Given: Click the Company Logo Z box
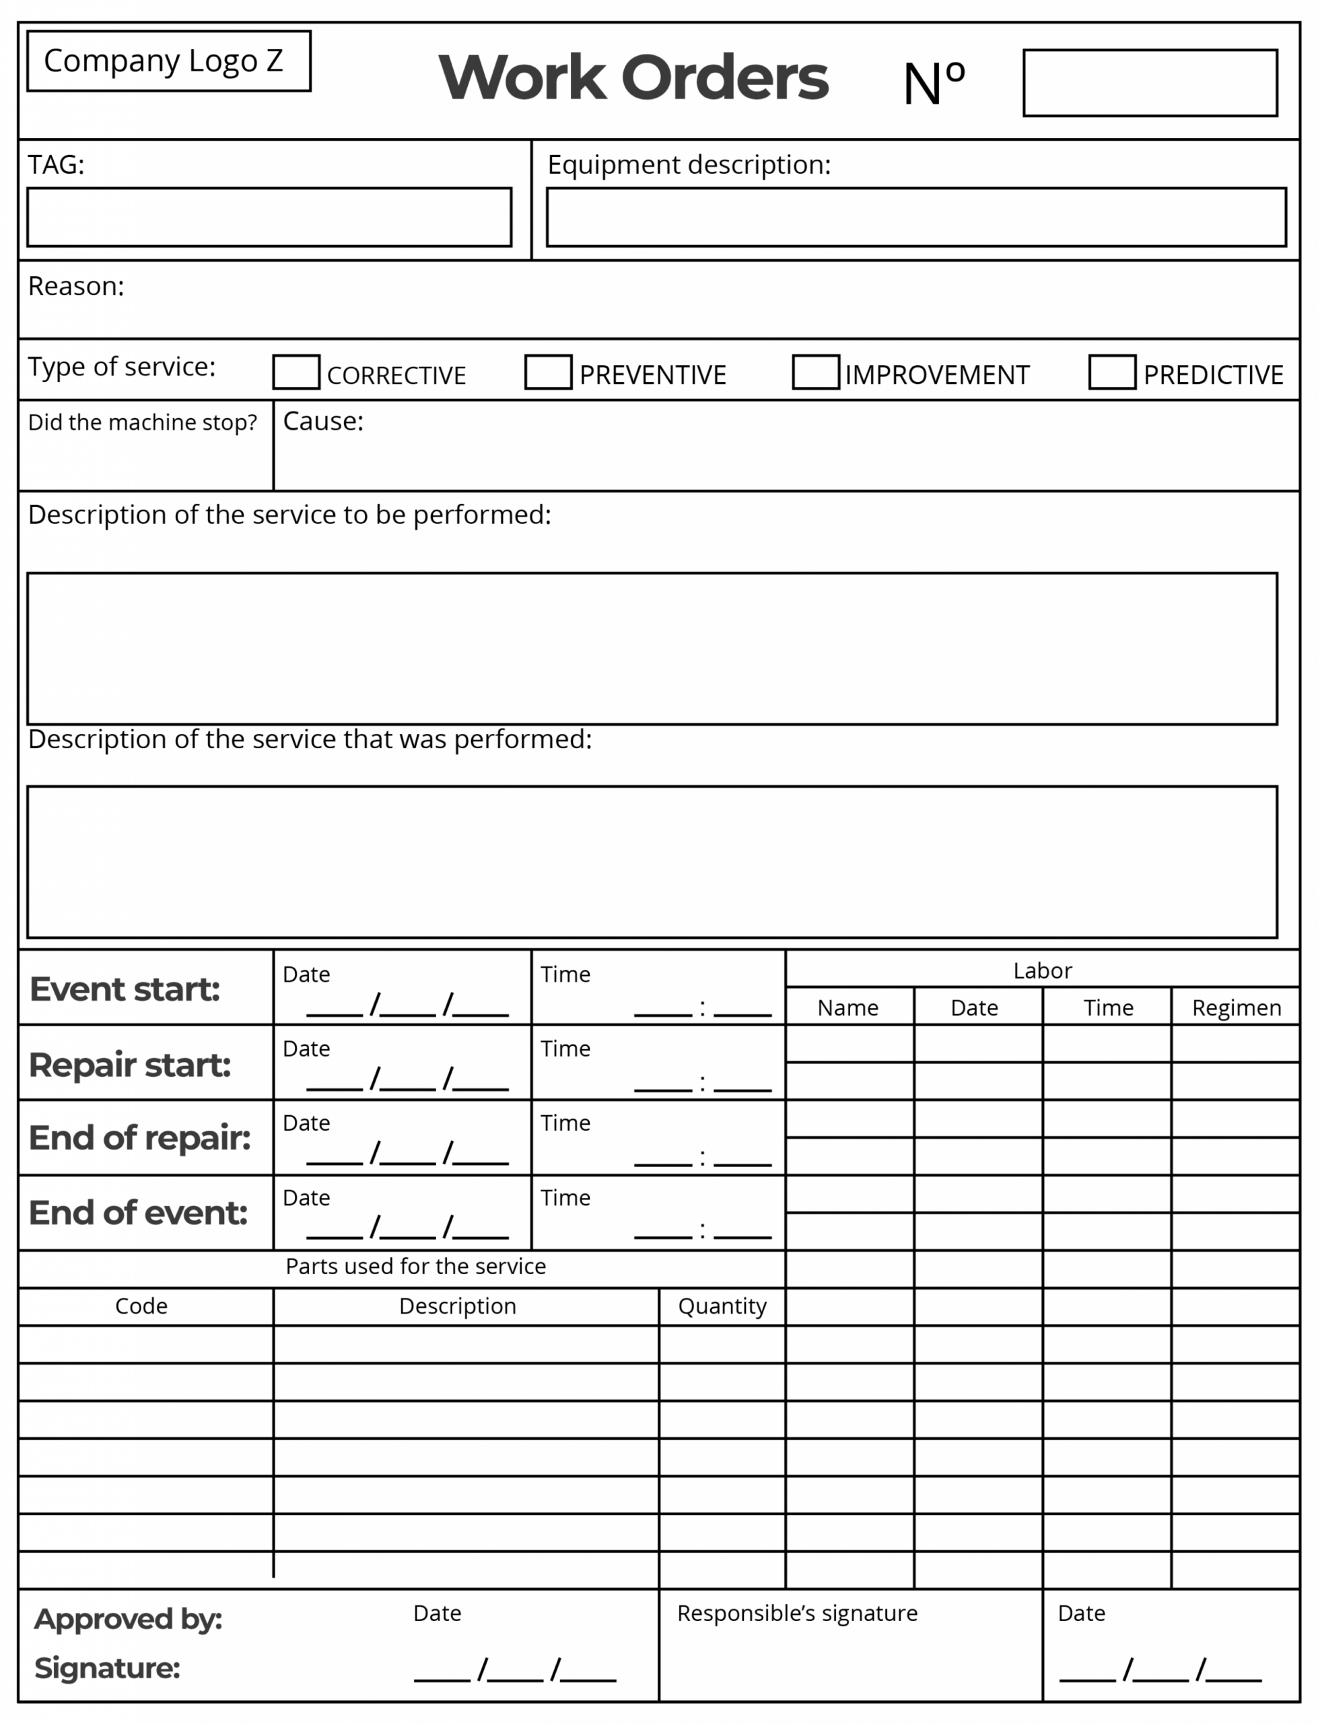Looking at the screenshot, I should (169, 61).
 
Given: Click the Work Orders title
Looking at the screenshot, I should (633, 79).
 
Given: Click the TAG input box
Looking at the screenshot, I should (269, 218).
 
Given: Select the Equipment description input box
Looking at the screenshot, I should (915, 218).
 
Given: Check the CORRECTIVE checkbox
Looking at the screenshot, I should (296, 372).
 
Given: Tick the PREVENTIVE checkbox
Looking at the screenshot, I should (548, 372).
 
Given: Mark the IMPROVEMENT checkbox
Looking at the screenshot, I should (815, 372).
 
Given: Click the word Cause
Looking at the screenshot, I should (323, 422).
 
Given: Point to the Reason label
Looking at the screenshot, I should (76, 286).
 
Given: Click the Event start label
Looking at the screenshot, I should (125, 989).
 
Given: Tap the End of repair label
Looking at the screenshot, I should (139, 1138).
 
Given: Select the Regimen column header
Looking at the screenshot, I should (1236, 1007).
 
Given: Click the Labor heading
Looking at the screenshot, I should (1042, 970).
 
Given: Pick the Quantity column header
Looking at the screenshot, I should (722, 1306).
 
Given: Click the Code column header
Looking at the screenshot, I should (141, 1306).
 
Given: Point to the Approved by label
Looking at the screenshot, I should (128, 1619).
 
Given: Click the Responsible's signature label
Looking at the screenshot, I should (797, 1614).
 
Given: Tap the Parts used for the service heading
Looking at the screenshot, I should (415, 1267).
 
